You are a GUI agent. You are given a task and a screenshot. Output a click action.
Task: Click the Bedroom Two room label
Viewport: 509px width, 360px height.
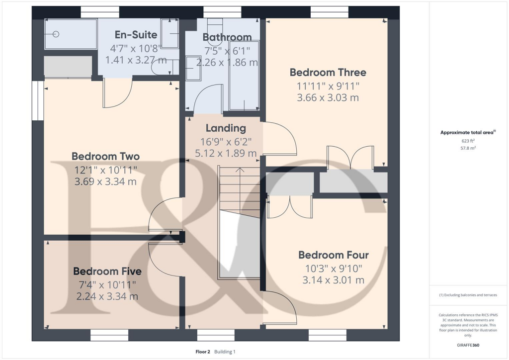[105, 156]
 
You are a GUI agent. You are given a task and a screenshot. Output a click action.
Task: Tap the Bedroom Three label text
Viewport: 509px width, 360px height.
[328, 73]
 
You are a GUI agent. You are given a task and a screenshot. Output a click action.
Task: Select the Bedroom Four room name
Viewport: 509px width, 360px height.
[333, 255]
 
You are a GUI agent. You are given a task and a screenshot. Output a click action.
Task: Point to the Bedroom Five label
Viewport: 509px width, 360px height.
[107, 271]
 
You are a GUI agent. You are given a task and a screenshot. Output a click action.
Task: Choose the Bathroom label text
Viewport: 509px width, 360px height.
[227, 37]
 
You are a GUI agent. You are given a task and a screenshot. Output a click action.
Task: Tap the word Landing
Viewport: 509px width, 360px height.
[226, 128]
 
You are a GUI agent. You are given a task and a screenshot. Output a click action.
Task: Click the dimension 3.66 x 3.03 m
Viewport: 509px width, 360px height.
[328, 98]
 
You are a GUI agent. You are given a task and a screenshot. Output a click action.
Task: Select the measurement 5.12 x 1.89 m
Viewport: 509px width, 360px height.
[226, 154]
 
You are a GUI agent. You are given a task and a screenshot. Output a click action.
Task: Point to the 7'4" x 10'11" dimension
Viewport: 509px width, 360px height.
[107, 284]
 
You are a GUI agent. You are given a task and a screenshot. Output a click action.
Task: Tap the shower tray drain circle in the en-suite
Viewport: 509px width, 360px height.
[56, 34]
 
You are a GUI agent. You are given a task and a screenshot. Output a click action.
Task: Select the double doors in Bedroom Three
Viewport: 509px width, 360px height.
[350, 157]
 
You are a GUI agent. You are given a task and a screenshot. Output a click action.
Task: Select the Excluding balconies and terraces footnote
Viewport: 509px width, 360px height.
[468, 295]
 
